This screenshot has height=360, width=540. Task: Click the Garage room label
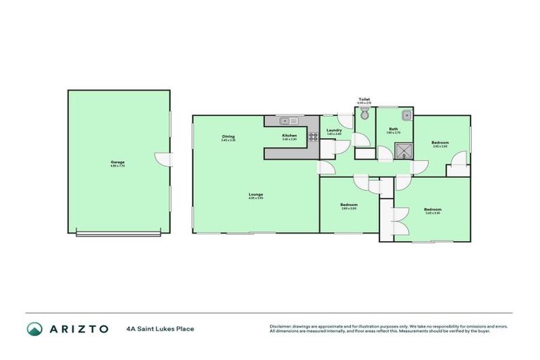(x=117, y=162)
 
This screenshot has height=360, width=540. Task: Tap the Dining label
(x=229, y=136)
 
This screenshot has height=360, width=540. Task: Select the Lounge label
(x=255, y=195)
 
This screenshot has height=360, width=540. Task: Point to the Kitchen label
(x=290, y=135)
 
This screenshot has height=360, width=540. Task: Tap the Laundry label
(x=334, y=130)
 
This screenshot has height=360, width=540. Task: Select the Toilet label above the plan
(x=364, y=99)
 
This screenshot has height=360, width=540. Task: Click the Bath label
(x=394, y=129)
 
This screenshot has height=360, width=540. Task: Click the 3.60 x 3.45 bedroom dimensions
(x=432, y=213)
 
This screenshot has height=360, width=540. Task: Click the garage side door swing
(x=163, y=160)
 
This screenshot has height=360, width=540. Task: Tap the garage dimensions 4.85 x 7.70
(x=117, y=166)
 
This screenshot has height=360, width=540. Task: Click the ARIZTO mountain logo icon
(x=34, y=328)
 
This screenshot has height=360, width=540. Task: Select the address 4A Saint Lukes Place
(x=160, y=328)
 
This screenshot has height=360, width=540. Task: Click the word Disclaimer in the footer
(x=281, y=326)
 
